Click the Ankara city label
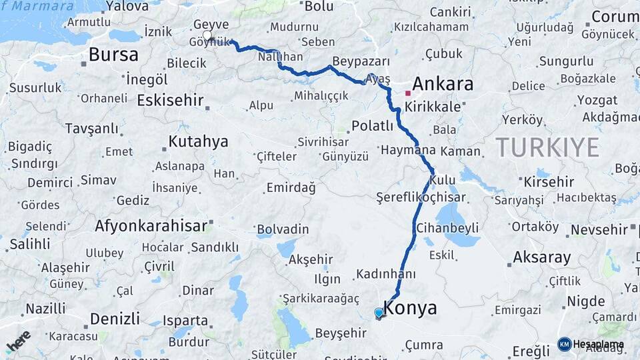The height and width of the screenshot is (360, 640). tap(443, 84)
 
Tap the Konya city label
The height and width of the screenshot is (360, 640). tap(411, 308)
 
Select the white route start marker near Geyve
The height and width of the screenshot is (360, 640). tap(207, 36)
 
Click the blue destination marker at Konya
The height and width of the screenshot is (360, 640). tap(379, 313)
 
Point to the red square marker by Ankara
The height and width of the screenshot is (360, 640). tap(408, 93)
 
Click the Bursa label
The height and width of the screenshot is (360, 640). tap(113, 55)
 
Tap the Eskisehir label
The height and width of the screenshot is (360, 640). tap(171, 100)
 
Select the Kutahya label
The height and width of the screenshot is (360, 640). tap(198, 141)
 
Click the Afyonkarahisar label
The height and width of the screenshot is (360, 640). tap(151, 225)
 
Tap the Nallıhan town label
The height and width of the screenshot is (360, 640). tap(280, 57)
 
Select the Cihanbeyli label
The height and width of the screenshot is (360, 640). tap(447, 228)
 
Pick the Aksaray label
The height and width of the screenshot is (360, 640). tap(542, 257)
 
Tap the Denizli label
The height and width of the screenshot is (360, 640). tap(114, 317)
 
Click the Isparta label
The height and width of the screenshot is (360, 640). tap(185, 320)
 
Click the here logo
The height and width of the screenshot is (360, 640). tap(18, 341)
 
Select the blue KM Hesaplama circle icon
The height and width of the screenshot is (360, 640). tap(564, 344)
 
